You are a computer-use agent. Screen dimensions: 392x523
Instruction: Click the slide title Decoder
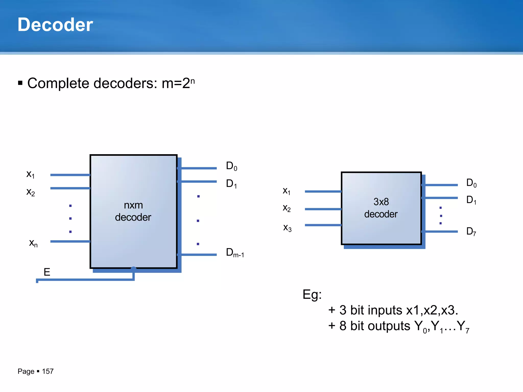[x=55, y=25]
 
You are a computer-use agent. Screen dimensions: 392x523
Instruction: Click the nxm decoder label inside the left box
[x=133, y=211]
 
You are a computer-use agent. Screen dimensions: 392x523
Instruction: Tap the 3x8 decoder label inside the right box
[x=381, y=208]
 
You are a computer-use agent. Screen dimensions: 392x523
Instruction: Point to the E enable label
[x=47, y=272]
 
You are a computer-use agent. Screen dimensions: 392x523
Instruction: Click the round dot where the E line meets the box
[x=133, y=269]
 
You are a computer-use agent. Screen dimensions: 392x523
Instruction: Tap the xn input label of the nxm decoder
[x=33, y=243]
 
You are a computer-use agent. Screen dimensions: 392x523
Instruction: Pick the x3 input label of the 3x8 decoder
[x=287, y=228]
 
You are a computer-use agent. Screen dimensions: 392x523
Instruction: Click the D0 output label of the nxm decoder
[x=232, y=166]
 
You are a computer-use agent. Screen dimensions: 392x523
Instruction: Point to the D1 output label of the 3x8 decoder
[x=471, y=200]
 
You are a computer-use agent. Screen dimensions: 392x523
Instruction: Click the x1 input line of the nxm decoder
[x=70, y=175]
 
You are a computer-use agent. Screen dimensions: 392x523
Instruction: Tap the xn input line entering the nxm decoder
[x=70, y=241]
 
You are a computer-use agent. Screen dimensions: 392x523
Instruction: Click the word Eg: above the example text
[x=312, y=295]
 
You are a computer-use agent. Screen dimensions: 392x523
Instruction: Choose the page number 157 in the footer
[x=48, y=371]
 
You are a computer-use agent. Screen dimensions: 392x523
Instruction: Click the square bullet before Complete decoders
[x=20, y=83]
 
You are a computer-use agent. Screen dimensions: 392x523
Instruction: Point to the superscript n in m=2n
[x=193, y=81]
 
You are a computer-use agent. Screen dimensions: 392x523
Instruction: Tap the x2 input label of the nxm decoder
[x=31, y=192]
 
